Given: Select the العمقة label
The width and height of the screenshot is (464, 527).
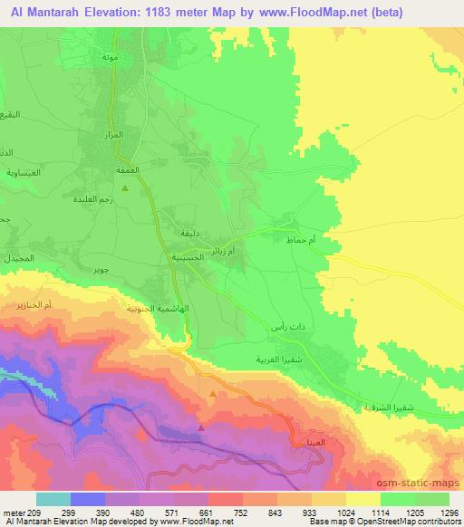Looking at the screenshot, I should click(x=125, y=170).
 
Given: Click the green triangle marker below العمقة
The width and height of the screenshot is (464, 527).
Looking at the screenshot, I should click(x=125, y=187).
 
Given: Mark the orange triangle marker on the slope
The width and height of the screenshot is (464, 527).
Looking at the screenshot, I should click(x=213, y=394).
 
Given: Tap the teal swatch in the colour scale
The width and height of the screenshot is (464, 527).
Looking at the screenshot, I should click(x=53, y=498).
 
